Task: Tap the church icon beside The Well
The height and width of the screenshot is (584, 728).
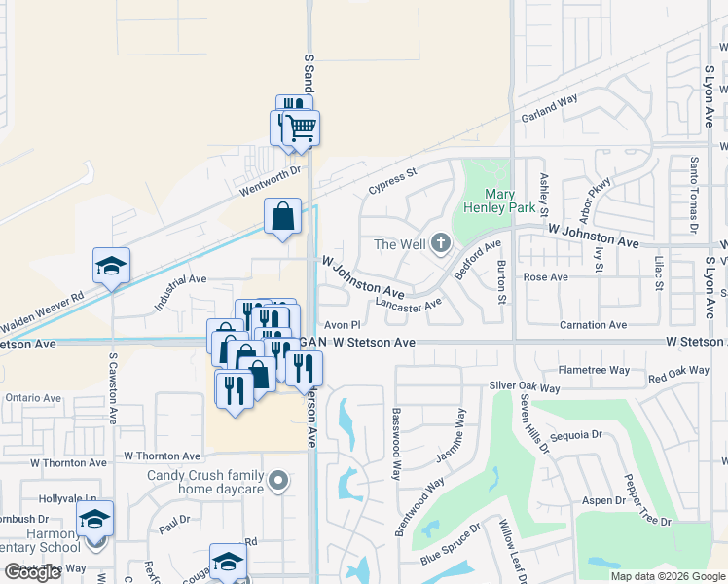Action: (x=441, y=242)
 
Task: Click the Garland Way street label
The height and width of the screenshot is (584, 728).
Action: (x=549, y=107)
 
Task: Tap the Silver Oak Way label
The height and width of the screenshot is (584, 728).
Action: (x=525, y=387)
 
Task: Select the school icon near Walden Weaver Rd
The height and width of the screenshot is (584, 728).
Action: (x=112, y=266)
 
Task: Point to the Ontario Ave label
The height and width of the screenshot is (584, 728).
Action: (x=32, y=398)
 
